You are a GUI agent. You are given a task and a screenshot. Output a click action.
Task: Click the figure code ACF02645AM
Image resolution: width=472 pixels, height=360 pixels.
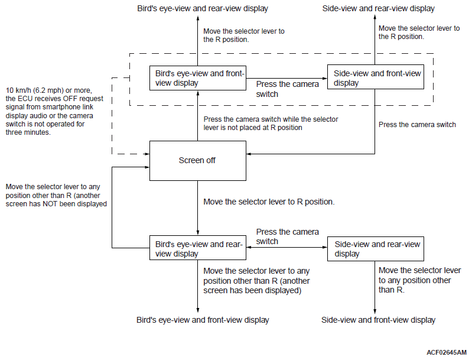(447, 352)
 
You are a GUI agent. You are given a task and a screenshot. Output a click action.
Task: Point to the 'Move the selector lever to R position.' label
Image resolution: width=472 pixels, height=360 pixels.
(269, 202)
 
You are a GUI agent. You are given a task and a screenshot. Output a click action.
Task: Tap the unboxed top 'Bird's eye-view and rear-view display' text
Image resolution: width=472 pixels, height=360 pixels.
(203, 8)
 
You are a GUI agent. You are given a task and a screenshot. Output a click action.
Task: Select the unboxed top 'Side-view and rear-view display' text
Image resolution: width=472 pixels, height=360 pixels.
(379, 8)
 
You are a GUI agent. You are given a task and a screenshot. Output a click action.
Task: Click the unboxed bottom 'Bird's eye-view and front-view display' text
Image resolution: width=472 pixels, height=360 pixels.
(203, 320)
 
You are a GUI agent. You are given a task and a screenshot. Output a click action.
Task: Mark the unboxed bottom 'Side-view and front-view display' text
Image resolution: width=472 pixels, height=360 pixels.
(379, 320)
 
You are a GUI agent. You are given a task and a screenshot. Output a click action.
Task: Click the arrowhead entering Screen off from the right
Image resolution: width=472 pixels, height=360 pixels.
(249, 154)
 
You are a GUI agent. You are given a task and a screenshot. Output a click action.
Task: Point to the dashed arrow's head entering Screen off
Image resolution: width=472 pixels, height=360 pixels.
(147, 154)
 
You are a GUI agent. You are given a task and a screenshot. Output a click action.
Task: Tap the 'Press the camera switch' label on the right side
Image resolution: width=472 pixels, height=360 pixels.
(417, 124)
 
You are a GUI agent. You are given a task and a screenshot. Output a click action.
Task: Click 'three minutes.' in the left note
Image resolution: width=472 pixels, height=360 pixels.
(28, 132)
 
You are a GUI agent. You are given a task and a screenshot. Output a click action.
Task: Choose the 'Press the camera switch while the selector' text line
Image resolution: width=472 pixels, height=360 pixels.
(271, 119)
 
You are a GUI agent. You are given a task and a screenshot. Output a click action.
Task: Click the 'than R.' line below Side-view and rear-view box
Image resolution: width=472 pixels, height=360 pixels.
(391, 290)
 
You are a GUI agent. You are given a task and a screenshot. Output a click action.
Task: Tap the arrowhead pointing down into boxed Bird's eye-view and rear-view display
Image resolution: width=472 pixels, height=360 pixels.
(198, 233)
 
